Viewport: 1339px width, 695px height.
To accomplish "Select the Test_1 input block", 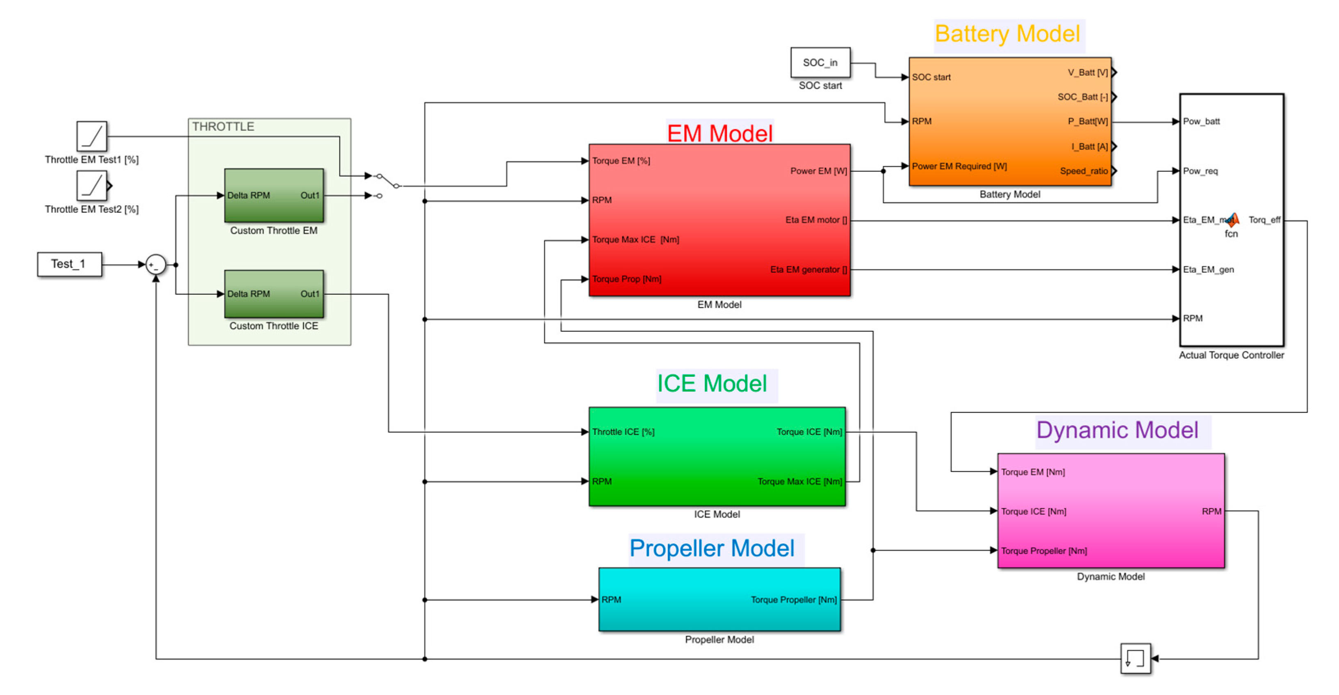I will tap(69, 264).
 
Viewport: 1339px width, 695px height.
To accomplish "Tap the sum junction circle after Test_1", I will tap(155, 264).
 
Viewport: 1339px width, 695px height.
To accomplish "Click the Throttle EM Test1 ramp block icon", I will tap(91, 136).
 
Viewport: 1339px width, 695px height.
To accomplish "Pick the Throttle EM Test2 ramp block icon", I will tap(91, 186).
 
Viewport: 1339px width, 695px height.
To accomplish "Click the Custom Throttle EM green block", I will tap(273, 196).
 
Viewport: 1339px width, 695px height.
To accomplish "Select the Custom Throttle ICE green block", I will tap(273, 294).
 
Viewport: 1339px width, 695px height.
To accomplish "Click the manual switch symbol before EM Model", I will tap(387, 181).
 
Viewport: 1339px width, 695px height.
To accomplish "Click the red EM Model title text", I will tap(720, 134).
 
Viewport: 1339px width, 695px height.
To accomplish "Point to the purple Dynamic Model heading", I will tap(1117, 431).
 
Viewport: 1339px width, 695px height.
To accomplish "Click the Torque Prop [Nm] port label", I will tap(627, 279).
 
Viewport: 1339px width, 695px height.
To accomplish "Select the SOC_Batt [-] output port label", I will tap(1082, 97).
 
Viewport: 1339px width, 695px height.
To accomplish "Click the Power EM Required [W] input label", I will tap(959, 166).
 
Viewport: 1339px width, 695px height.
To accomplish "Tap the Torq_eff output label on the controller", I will tap(1264, 220).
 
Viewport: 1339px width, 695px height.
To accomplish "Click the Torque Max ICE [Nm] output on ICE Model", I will tap(799, 481).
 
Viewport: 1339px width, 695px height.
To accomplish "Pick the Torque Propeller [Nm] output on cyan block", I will tap(793, 599).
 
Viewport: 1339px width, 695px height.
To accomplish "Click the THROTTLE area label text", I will tap(223, 127).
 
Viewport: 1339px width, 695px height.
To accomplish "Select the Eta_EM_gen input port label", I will tap(1208, 269).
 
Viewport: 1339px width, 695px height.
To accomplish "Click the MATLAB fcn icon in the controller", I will tap(1232, 221).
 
